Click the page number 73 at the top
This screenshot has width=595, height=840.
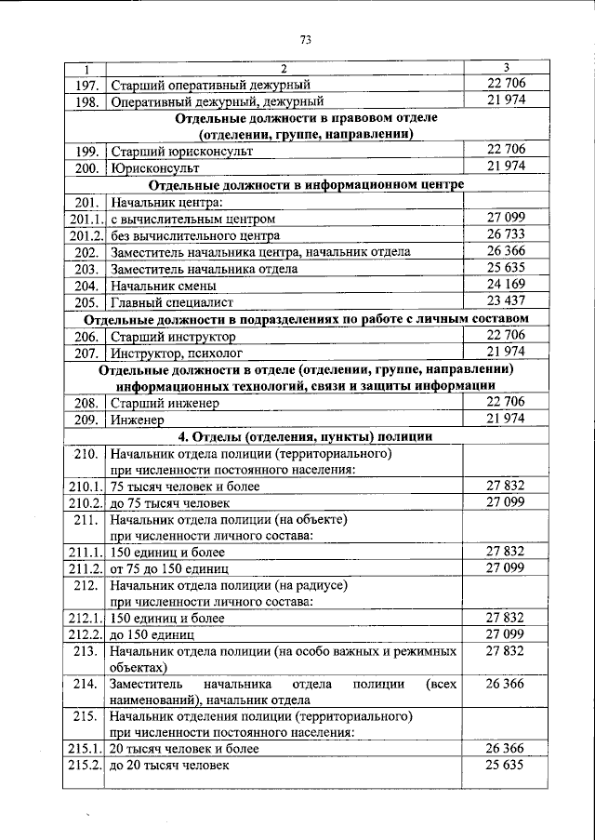click(305, 38)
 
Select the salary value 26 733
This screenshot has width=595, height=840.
click(506, 234)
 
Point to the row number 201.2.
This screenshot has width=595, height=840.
click(86, 235)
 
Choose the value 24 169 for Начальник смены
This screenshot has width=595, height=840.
click(506, 285)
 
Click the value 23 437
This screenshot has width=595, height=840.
click(506, 301)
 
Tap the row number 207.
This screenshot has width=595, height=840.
click(86, 353)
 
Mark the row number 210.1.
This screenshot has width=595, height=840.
click(86, 487)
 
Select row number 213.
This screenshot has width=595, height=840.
click(86, 652)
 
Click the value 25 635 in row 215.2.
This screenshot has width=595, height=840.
click(506, 766)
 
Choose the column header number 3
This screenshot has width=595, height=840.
click(506, 68)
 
